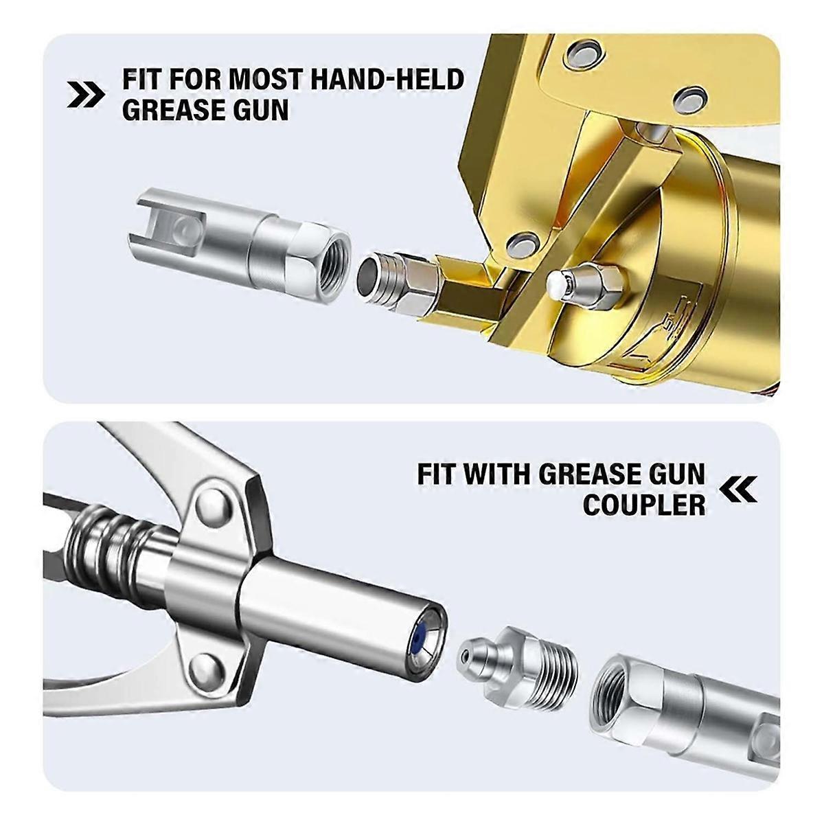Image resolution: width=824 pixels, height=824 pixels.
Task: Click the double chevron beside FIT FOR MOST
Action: click(x=86, y=95)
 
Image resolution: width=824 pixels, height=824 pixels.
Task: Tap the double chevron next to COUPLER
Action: click(x=739, y=489)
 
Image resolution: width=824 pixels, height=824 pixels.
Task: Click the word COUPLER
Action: click(x=643, y=505)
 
